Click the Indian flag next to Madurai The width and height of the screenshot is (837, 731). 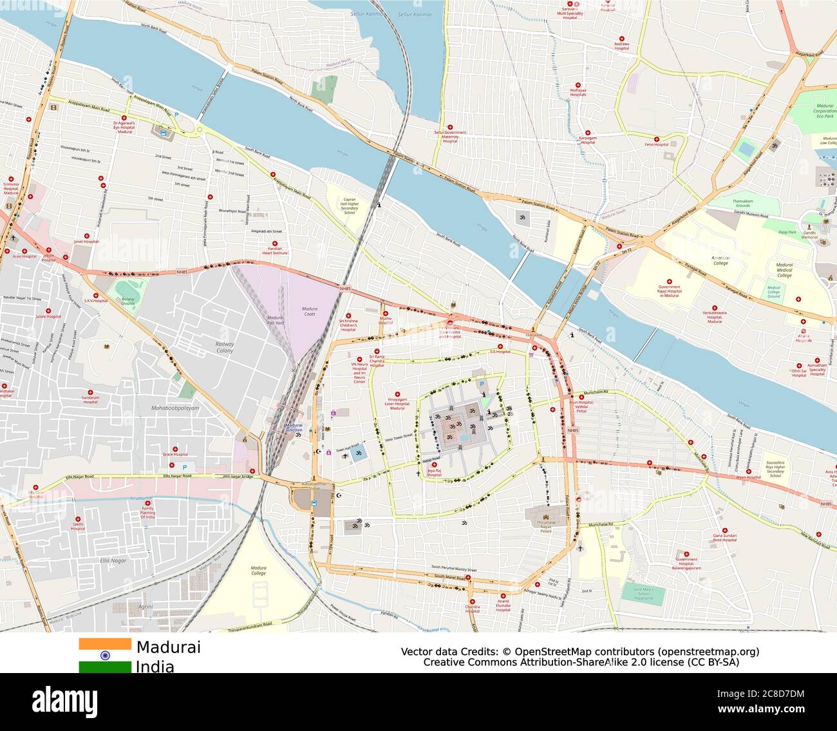(x=104, y=655)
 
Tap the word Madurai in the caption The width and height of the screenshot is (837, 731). (x=168, y=647)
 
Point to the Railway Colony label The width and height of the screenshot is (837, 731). (x=225, y=348)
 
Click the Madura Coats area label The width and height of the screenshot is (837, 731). (x=310, y=312)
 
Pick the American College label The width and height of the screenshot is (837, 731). (x=720, y=260)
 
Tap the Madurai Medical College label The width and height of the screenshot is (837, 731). (x=784, y=271)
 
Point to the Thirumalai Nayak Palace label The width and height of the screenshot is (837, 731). (x=545, y=527)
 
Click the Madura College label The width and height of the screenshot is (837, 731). (x=258, y=571)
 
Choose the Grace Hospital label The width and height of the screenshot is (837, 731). (x=174, y=454)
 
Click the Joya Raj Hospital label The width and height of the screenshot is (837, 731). (x=433, y=473)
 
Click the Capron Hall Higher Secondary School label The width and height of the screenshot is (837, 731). (x=350, y=206)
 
